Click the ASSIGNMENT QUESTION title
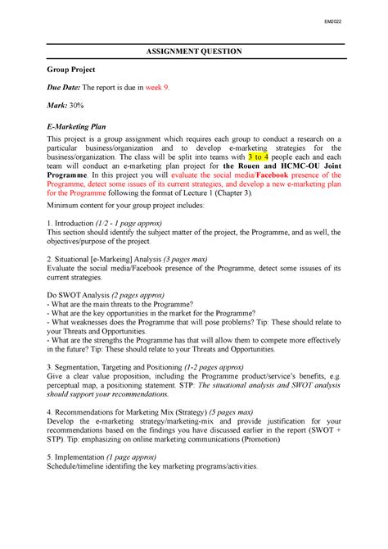pos(194,52)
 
